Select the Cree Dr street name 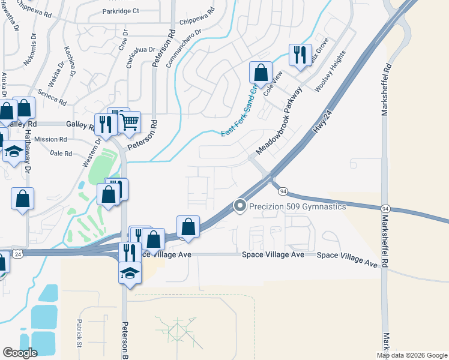[x=125, y=44]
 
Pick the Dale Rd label [x=61, y=154]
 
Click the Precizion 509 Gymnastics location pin [x=240, y=206]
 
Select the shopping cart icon [x=130, y=123]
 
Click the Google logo [x=20, y=353]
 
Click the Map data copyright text [x=412, y=355]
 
